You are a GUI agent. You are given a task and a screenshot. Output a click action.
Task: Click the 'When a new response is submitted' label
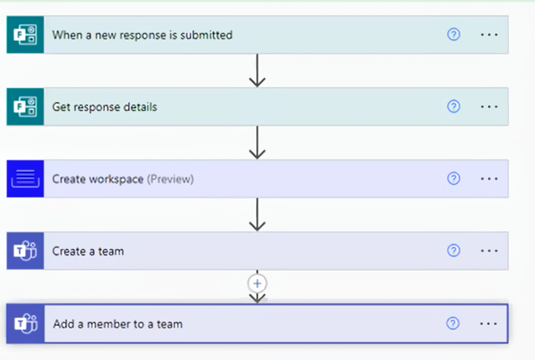tap(142, 35)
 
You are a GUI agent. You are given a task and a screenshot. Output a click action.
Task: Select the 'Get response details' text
tap(104, 107)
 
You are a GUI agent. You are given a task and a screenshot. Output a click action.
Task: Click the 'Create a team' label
tap(88, 251)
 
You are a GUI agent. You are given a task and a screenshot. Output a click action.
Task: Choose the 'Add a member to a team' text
tap(117, 324)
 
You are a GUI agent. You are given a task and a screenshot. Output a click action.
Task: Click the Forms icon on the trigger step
tap(25, 35)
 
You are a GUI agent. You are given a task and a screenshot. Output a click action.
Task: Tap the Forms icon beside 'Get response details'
tap(25, 107)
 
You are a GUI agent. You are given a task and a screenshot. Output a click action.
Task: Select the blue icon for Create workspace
tap(25, 179)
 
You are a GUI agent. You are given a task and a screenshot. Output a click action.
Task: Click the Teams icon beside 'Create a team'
tap(25, 251)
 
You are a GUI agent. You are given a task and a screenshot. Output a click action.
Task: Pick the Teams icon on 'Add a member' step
tap(25, 324)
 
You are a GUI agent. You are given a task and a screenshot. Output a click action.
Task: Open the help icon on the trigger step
tap(453, 35)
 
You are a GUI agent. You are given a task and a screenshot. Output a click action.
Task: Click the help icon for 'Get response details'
tap(453, 107)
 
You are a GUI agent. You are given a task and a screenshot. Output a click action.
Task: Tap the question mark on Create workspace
tap(453, 179)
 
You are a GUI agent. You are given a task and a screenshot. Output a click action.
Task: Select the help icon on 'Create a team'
tap(453, 251)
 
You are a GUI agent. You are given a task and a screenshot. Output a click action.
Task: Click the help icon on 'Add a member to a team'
tap(453, 324)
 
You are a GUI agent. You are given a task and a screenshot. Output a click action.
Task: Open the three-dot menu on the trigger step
tap(489, 35)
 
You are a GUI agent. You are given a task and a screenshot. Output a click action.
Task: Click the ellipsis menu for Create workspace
tap(489, 179)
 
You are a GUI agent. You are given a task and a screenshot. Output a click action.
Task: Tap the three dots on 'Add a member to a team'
tap(489, 324)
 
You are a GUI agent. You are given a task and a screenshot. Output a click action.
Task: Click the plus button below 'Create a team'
tap(257, 283)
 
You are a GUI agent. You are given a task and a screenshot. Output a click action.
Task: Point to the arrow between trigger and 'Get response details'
tap(257, 71)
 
